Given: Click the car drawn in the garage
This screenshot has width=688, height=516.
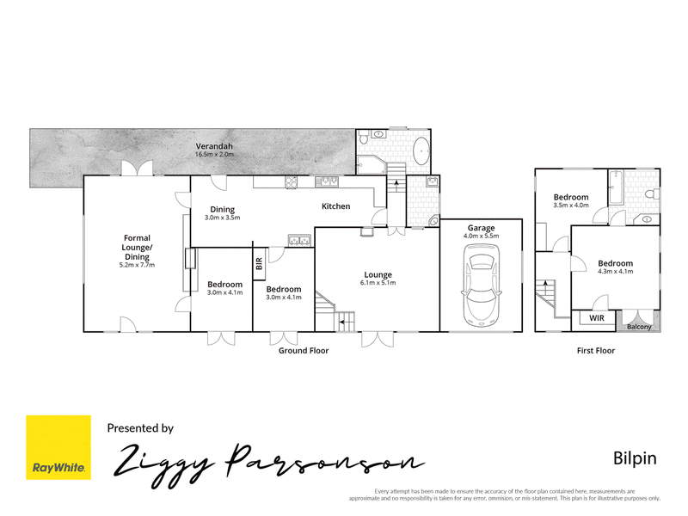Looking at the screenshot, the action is (482, 286).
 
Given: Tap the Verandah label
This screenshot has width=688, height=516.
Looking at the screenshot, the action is (214, 146).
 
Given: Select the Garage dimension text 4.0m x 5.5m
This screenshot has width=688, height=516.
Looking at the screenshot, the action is (482, 236).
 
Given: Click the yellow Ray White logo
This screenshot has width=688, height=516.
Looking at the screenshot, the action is (58, 447).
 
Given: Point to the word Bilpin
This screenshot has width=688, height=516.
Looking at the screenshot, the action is (635, 458).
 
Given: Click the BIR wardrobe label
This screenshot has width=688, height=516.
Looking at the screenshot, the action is (259, 264).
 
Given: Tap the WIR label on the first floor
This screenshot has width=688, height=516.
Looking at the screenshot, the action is (596, 318).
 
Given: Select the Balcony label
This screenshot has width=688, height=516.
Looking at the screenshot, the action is (639, 327).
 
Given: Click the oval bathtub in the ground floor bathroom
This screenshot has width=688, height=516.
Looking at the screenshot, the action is (422, 151).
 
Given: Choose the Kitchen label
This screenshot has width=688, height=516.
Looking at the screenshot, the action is (335, 206).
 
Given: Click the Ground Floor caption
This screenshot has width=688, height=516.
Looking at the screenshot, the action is (304, 351).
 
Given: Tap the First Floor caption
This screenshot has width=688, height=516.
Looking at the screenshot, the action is (596, 351).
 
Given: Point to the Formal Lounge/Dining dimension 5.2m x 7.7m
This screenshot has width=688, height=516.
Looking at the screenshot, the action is (137, 265).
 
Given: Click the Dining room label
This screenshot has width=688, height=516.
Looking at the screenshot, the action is (223, 210).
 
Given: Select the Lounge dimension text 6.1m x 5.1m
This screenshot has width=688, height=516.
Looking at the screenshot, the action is (378, 283).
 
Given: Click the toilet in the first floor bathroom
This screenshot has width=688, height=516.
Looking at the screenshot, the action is (653, 193).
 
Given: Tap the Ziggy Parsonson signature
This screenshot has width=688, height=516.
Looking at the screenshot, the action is (268, 465).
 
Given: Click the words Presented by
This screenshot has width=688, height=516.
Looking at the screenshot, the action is (140, 428).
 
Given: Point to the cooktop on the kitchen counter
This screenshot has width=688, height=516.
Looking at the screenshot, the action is (291, 182).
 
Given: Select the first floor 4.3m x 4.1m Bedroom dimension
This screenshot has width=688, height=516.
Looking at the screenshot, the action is (616, 272).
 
